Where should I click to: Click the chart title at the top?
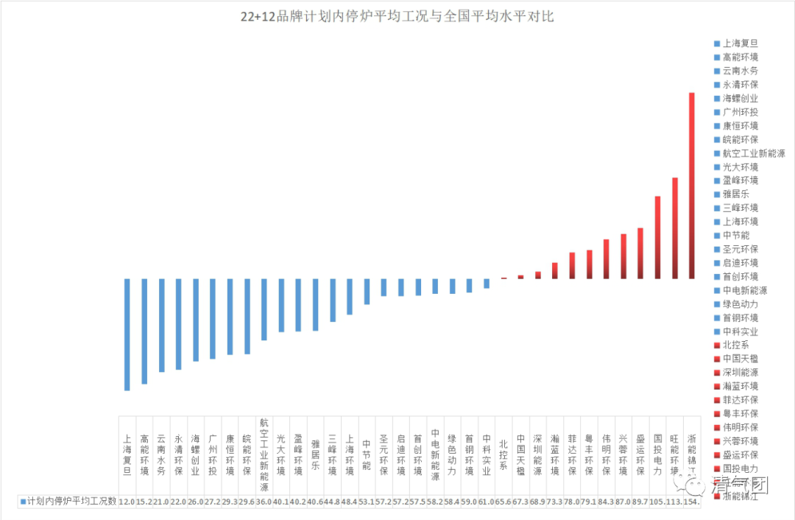(397, 17)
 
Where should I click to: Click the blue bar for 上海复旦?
(127, 334)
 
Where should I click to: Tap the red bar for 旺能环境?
(674, 228)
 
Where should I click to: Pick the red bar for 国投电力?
(657, 237)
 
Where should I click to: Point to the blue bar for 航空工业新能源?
(264, 309)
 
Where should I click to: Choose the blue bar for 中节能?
(367, 291)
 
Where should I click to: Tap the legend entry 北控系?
(735, 345)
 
